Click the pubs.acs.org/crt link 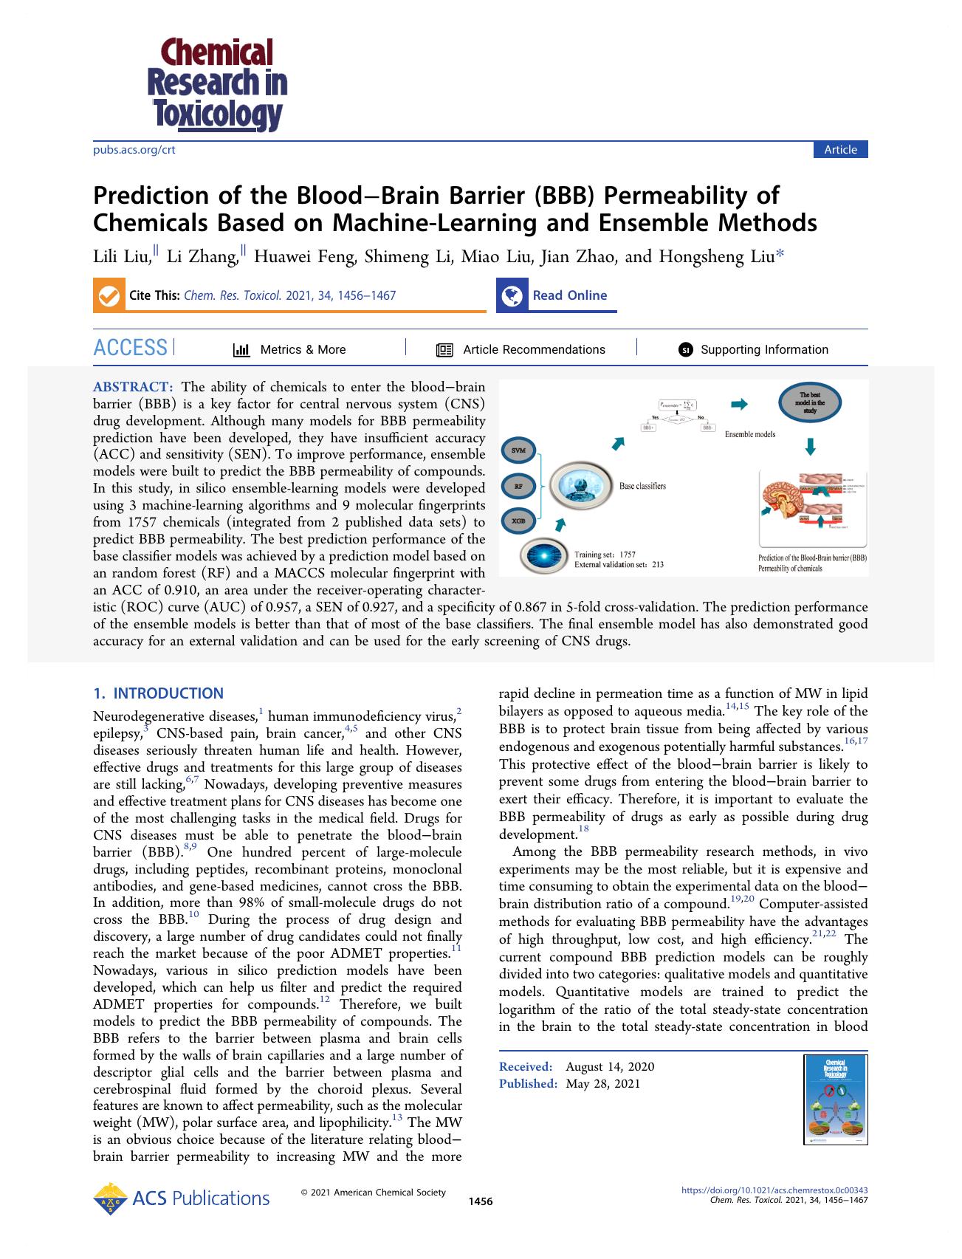pyautogui.click(x=134, y=150)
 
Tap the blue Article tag pyautogui.click(x=840, y=150)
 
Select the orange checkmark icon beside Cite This pyautogui.click(x=108, y=295)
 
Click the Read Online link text pyautogui.click(x=569, y=295)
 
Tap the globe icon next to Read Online pyautogui.click(x=512, y=295)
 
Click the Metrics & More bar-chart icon pyautogui.click(x=241, y=350)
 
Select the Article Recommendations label pyautogui.click(x=534, y=350)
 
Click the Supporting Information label pyautogui.click(x=764, y=350)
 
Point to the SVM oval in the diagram pyautogui.click(x=518, y=450)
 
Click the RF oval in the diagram pyautogui.click(x=518, y=486)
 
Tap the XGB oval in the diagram pyautogui.click(x=518, y=522)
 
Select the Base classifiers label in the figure pyautogui.click(x=642, y=486)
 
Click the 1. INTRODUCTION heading pyautogui.click(x=158, y=693)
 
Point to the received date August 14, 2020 pyautogui.click(x=610, y=1066)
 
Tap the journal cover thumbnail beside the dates pyautogui.click(x=835, y=1100)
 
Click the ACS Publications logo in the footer pyautogui.click(x=182, y=1198)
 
